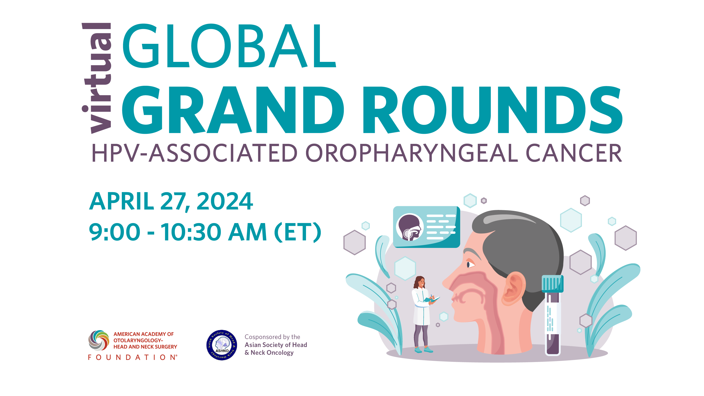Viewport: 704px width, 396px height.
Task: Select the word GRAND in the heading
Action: (x=232, y=110)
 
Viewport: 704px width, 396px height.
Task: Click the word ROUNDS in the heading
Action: (x=492, y=110)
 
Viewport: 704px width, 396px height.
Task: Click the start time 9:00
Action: (x=115, y=232)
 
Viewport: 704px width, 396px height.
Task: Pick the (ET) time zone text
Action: (x=298, y=232)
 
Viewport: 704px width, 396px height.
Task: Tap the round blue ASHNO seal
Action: (x=222, y=345)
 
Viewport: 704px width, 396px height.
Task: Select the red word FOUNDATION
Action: (x=133, y=357)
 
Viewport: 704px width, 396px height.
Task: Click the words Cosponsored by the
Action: (x=272, y=337)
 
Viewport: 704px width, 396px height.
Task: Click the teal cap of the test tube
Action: (x=552, y=284)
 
